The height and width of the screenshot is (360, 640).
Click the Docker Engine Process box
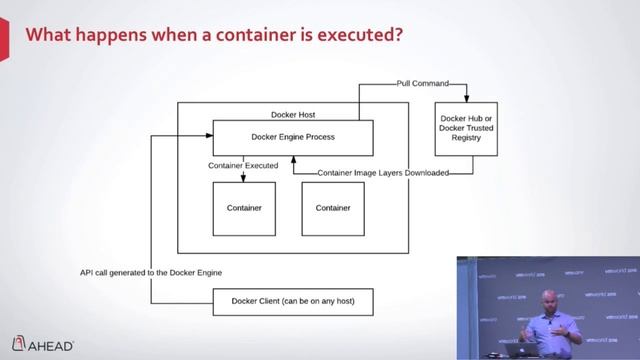point(293,137)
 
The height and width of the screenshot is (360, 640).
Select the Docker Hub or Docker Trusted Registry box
point(467,129)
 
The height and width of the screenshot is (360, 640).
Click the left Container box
point(244,208)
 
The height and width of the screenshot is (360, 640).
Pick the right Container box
point(333,208)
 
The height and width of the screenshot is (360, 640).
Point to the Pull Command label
point(423,84)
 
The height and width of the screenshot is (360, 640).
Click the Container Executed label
point(244,164)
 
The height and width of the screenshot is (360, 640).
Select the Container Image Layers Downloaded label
point(381,173)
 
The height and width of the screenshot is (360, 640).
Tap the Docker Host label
point(293,114)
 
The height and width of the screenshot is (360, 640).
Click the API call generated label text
point(151,272)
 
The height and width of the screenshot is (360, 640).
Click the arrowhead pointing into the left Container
point(244,179)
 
